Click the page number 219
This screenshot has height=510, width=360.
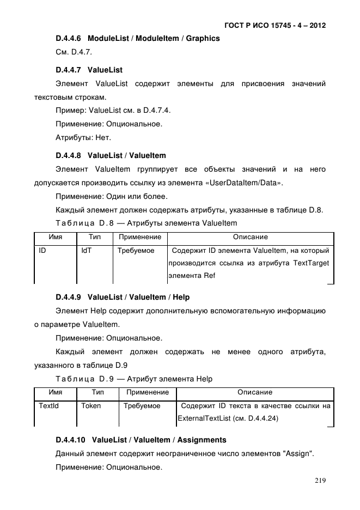coord(320,481)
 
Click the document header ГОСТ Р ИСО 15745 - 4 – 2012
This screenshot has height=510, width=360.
coord(275,26)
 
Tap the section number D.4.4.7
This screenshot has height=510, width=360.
coord(68,70)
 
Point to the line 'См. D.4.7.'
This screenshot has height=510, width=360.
coord(74,52)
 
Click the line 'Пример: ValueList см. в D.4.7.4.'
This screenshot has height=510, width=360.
coord(113,111)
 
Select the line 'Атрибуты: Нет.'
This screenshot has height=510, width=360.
coord(83,137)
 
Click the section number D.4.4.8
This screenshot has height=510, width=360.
coord(68,156)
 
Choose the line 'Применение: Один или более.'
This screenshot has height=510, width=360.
coord(112,196)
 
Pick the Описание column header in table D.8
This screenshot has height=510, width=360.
coord(250,237)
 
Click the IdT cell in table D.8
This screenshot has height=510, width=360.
coord(86,251)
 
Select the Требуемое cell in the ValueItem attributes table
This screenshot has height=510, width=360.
coord(136,251)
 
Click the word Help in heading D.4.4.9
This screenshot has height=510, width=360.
coord(181,297)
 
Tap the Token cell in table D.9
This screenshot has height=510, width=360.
coord(91,406)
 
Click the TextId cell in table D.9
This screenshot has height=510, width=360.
coord(48,406)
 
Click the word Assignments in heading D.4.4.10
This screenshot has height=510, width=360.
coord(202,440)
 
